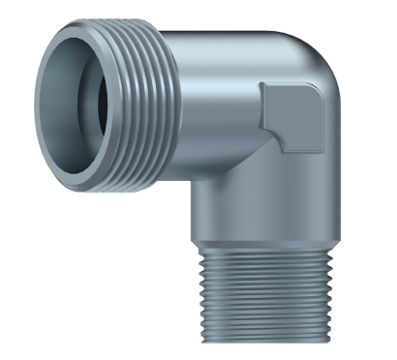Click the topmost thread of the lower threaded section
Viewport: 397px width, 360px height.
click(x=264, y=249)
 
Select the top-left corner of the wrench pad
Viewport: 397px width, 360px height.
click(x=263, y=85)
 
